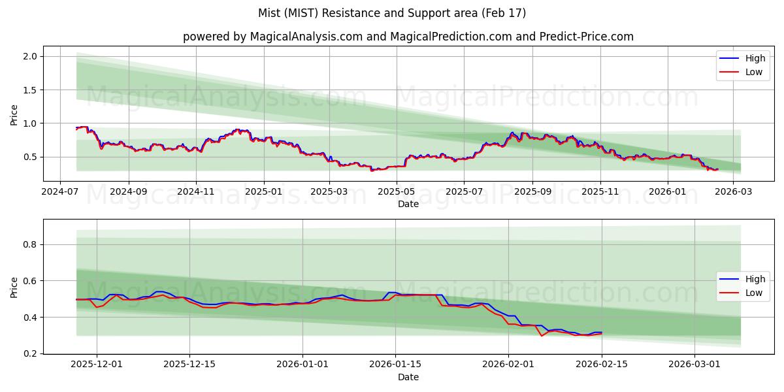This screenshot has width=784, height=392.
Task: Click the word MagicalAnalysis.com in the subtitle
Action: click(306, 37)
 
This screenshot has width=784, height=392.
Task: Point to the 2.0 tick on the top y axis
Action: click(30, 57)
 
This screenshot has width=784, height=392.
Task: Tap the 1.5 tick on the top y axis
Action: click(30, 90)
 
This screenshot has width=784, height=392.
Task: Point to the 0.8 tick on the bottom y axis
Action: click(30, 245)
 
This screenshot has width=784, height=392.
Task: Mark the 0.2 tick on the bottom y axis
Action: click(30, 354)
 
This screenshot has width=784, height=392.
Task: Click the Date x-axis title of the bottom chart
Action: click(408, 377)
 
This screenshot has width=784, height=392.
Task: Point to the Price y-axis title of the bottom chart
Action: click(14, 286)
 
